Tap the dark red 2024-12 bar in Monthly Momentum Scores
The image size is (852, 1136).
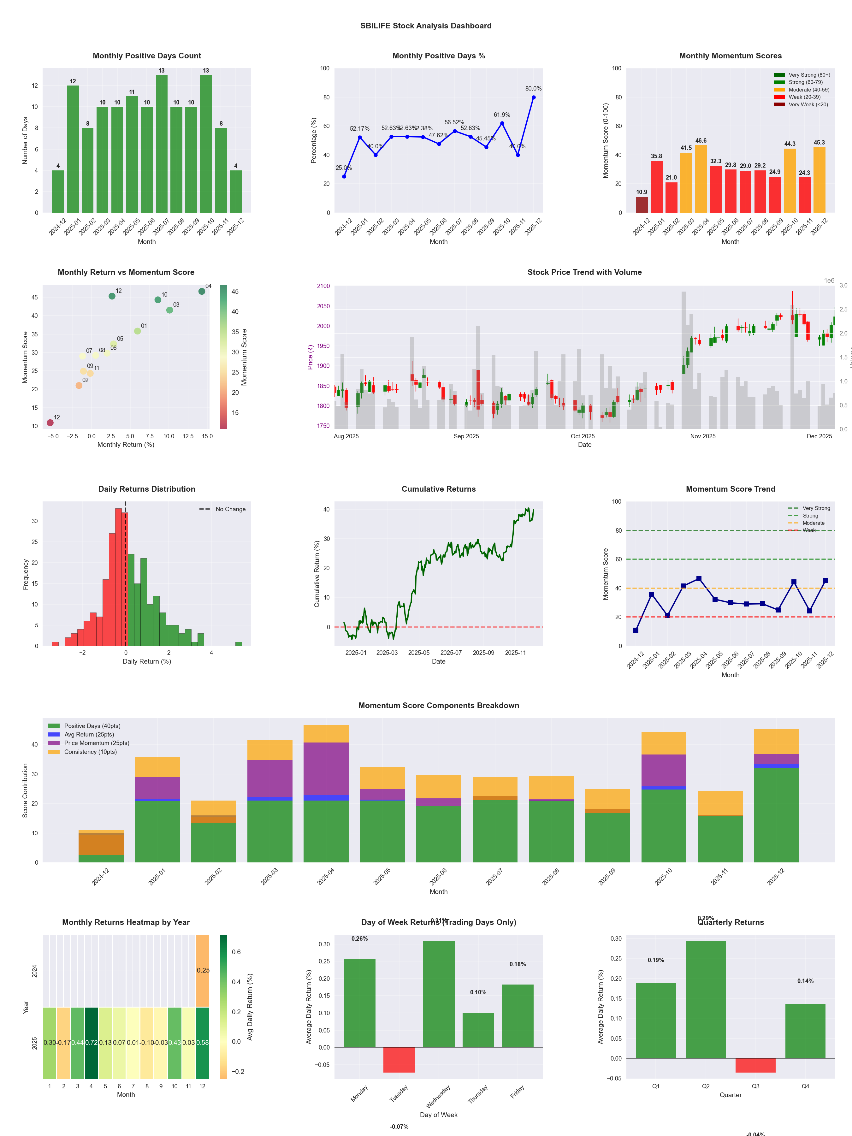click(642, 204)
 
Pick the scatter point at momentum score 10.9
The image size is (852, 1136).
click(50, 423)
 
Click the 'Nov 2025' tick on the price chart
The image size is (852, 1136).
click(702, 436)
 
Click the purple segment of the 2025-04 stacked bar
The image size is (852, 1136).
click(326, 768)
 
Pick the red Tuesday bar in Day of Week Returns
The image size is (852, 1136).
click(399, 1060)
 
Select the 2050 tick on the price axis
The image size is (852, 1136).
click(323, 306)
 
